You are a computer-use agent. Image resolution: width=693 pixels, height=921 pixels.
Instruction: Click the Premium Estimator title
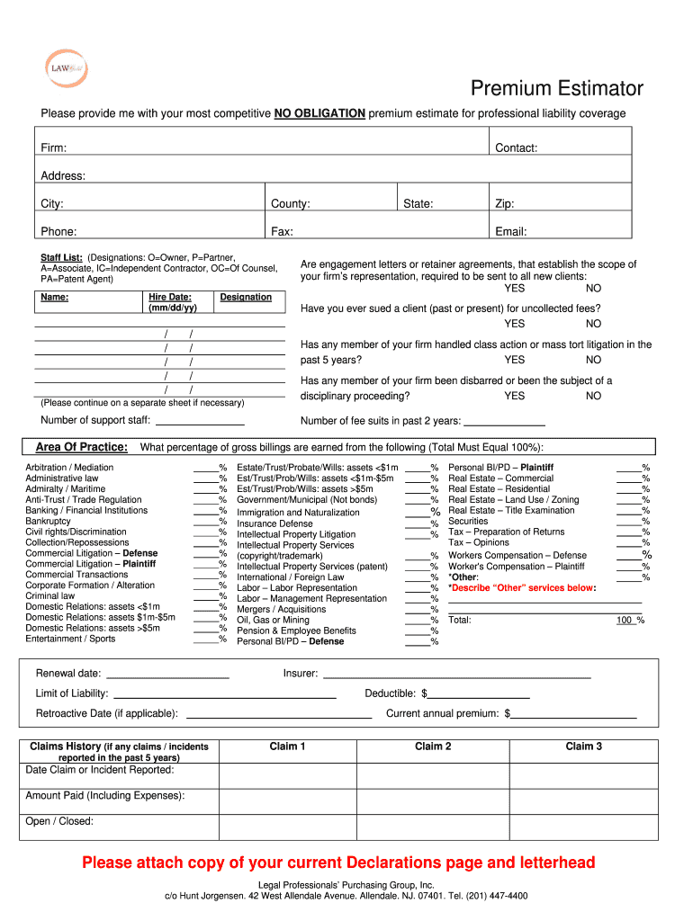point(557,88)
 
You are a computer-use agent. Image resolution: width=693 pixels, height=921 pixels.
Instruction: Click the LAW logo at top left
point(66,67)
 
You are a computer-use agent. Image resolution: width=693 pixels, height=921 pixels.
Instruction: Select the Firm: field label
point(53,148)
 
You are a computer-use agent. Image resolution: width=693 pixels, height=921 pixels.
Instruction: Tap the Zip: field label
point(505,204)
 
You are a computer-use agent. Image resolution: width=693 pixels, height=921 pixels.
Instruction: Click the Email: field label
point(510,232)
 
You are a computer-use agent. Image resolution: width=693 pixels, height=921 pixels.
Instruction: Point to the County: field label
point(290,204)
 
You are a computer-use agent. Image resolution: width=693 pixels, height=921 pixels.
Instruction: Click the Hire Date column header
point(169,302)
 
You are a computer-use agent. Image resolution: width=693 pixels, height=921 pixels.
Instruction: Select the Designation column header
point(246,297)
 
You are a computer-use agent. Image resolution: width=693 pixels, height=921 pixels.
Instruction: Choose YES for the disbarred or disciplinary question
point(514,396)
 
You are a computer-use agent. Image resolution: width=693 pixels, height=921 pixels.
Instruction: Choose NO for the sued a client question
point(593,324)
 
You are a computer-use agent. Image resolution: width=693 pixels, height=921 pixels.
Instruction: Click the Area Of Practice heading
point(81,448)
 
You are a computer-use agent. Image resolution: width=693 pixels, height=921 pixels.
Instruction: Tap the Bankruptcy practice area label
point(48,521)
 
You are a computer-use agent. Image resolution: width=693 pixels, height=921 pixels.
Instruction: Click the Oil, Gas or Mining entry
point(273,620)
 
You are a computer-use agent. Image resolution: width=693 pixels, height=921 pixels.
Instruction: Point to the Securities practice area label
point(468,521)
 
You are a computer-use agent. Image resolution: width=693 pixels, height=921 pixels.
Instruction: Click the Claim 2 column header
point(433,747)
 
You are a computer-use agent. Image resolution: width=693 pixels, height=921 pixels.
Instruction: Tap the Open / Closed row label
point(59,821)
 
